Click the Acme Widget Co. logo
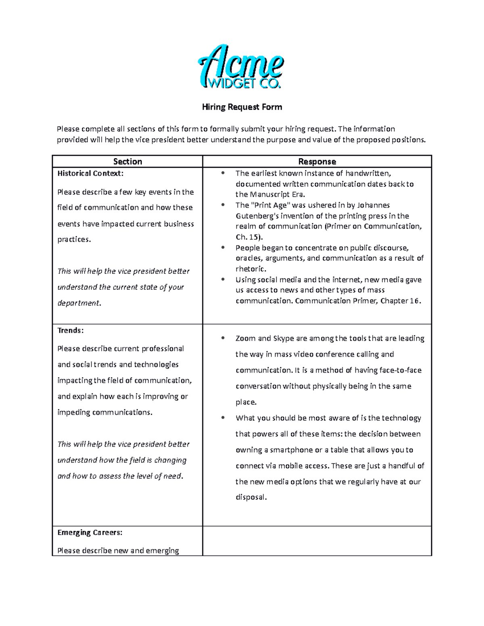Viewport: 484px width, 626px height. (241, 67)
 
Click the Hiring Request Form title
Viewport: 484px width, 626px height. (242, 107)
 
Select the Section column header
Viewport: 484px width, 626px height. (127, 162)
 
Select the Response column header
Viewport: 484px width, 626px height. (317, 162)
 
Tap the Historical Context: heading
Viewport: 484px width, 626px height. (90, 174)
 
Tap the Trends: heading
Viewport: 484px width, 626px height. (70, 331)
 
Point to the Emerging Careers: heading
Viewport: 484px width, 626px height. (90, 532)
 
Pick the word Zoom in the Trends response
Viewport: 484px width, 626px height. (245, 339)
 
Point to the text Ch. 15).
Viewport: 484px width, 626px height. (249, 237)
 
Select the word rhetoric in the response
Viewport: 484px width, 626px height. (250, 269)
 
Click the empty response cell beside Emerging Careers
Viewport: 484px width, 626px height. (317, 541)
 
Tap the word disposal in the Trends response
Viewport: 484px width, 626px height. (250, 497)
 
